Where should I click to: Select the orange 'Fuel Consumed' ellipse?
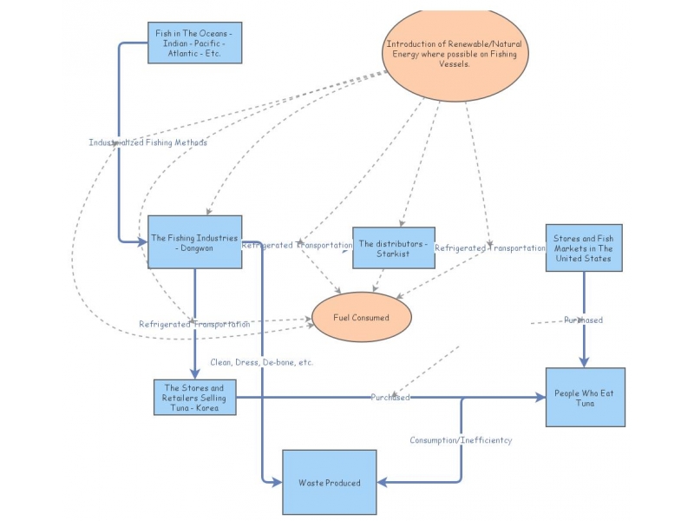click(x=361, y=317)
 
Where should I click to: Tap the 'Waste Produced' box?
click(x=329, y=482)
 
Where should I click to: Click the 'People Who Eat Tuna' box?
click(x=584, y=398)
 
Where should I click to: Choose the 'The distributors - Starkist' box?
click(x=393, y=248)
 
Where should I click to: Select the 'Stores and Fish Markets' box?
click(x=584, y=247)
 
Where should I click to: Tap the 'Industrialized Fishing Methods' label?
click(x=147, y=142)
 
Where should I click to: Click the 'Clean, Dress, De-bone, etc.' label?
click(x=261, y=362)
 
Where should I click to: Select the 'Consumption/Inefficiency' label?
click(x=461, y=440)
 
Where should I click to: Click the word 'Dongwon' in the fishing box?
click(x=198, y=247)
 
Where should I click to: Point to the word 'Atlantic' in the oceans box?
click(x=178, y=54)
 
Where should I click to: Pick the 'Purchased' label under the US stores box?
click(x=583, y=320)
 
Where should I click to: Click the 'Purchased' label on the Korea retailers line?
click(x=390, y=398)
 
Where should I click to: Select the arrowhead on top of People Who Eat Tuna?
click(x=584, y=361)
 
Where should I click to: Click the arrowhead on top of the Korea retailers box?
click(x=194, y=373)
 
